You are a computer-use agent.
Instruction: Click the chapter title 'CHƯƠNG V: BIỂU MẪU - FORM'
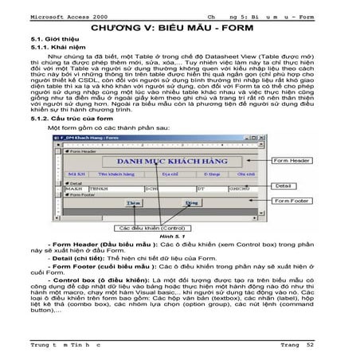click(x=179, y=26)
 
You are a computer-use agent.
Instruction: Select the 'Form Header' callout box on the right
click(x=292, y=160)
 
